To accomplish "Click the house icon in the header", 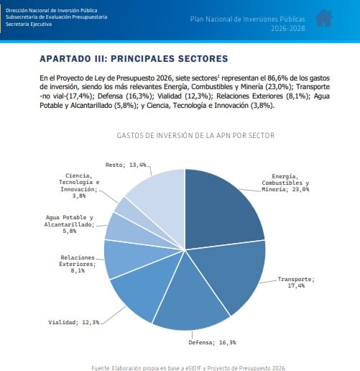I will point(324,18).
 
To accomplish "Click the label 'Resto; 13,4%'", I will point(126,165).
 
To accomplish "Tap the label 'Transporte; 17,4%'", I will point(295,281).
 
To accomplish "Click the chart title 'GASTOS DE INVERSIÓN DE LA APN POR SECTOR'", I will point(195,136).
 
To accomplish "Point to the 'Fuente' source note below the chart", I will point(189,367).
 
